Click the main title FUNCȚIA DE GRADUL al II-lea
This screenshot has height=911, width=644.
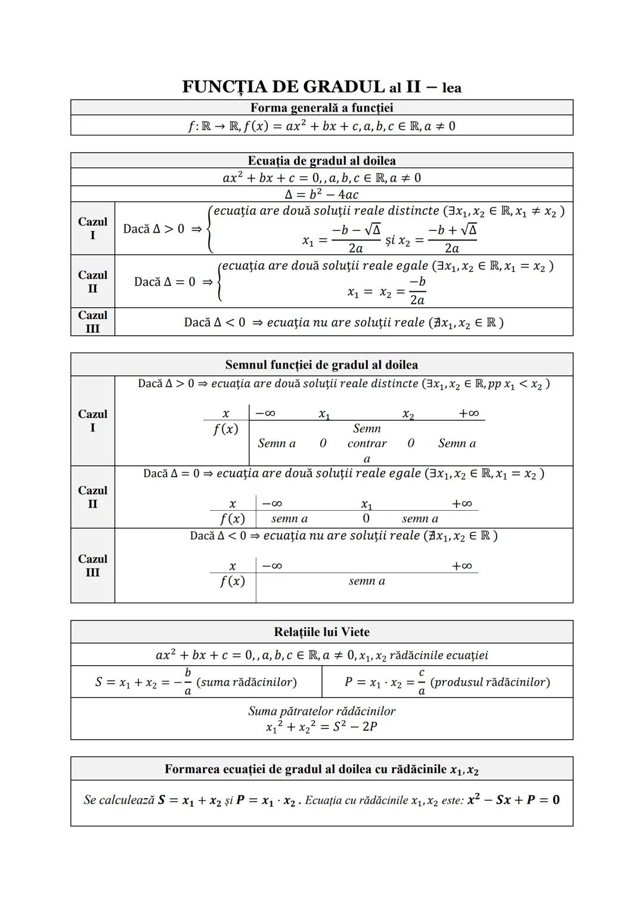(x=321, y=87)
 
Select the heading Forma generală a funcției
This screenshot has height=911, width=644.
(x=321, y=108)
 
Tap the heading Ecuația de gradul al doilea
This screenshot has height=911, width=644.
(x=321, y=160)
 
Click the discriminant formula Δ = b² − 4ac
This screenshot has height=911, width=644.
(x=321, y=194)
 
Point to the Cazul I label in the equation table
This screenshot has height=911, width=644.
(x=92, y=228)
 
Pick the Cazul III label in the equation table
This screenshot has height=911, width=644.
(x=92, y=322)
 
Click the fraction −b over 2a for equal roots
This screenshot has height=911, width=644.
(x=417, y=291)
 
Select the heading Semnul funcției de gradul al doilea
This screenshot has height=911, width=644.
(x=321, y=365)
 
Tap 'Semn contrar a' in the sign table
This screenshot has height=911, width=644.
(x=367, y=443)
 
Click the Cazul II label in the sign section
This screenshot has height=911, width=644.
(x=92, y=497)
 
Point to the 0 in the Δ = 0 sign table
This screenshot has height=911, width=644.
(x=366, y=518)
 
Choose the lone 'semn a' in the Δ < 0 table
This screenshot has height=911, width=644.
(x=367, y=581)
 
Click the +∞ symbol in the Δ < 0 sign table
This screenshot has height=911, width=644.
(x=462, y=566)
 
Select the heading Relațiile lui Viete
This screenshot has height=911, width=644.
(x=321, y=632)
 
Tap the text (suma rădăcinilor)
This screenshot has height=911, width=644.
(x=246, y=682)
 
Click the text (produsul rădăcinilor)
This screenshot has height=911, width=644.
(x=490, y=682)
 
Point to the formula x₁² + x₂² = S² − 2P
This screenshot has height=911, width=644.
(x=321, y=727)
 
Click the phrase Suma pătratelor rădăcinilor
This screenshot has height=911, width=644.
(x=321, y=711)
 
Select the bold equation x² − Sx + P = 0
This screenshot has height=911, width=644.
(x=513, y=800)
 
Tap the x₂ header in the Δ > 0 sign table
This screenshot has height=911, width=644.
(x=408, y=414)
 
